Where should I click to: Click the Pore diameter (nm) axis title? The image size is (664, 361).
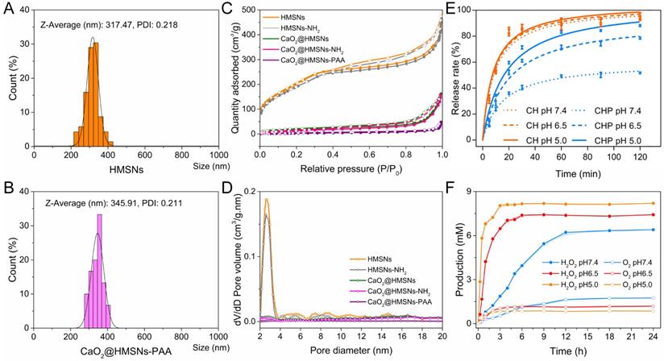pyautogui.click(x=351, y=352)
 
